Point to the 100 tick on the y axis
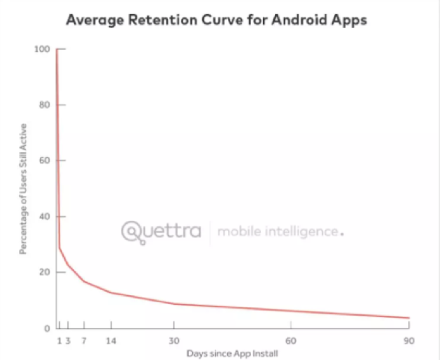tap(43, 49)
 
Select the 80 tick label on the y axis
tap(45, 105)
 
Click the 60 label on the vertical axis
tap(45, 161)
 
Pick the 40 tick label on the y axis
tap(45, 217)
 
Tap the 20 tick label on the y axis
tap(45, 272)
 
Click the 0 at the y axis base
tap(46, 328)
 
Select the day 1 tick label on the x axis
tap(59, 341)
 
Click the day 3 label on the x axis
tap(67, 341)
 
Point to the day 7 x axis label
tap(84, 341)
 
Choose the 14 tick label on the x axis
tap(111, 341)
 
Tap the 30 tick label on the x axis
tap(174, 341)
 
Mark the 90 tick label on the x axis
tap(408, 341)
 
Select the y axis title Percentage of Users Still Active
tap(23, 190)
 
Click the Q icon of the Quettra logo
tap(132, 232)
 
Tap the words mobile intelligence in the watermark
tap(278, 232)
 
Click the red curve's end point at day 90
tap(408, 317)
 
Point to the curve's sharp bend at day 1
tap(59, 248)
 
